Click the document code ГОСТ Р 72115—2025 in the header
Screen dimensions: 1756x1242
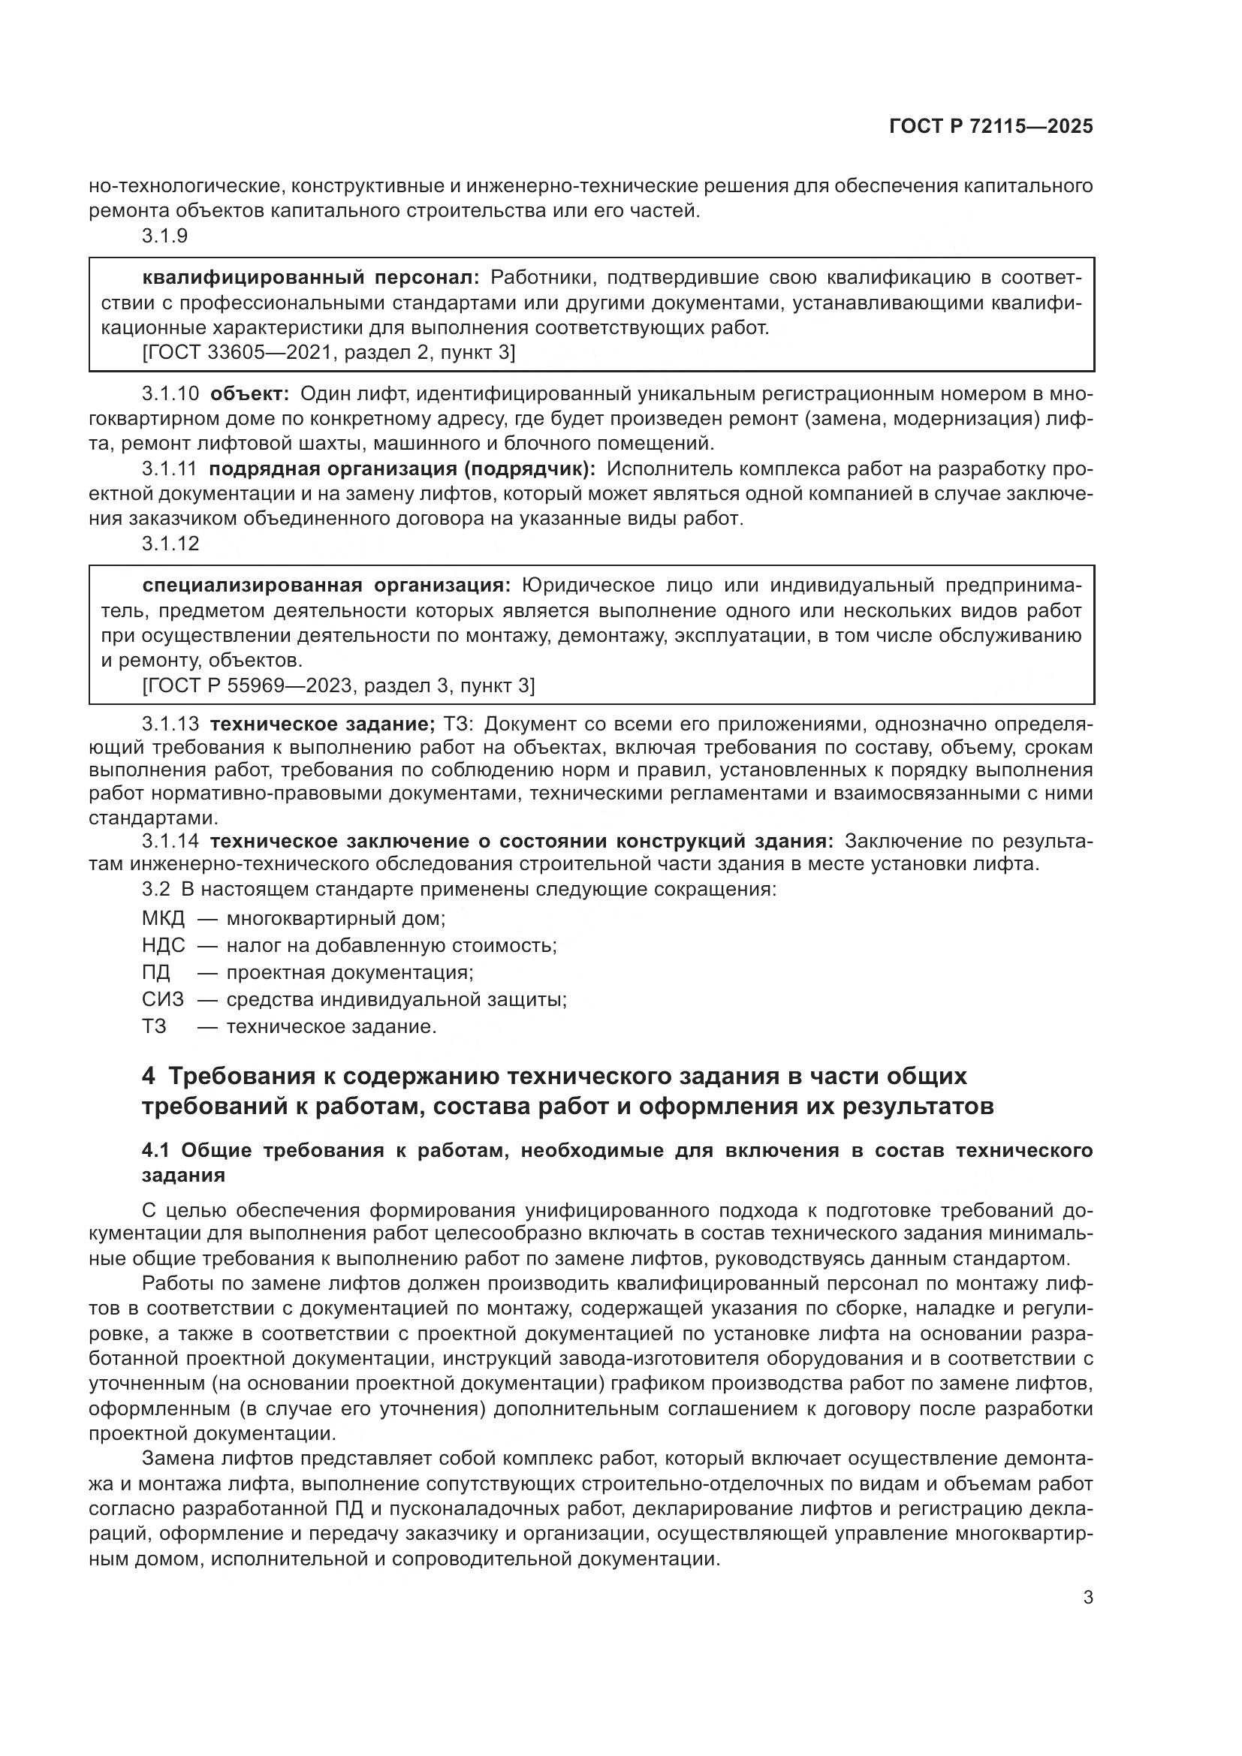click(990, 127)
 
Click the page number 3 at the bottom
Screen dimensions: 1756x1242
click(1087, 1598)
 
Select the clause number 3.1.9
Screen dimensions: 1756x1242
click(164, 236)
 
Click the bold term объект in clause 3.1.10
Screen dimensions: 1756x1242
click(249, 394)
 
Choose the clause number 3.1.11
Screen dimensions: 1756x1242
click(169, 468)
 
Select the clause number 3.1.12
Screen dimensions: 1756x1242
click(170, 544)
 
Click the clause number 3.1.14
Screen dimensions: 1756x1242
click(170, 842)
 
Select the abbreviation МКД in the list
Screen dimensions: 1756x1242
click(163, 917)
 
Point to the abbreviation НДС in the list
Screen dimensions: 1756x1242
click(163, 945)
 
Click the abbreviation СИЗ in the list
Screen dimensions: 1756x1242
click(162, 999)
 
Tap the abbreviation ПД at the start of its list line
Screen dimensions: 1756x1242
click(156, 972)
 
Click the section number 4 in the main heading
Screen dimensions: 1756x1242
click(149, 1076)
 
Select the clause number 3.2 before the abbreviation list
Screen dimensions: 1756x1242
click(155, 890)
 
